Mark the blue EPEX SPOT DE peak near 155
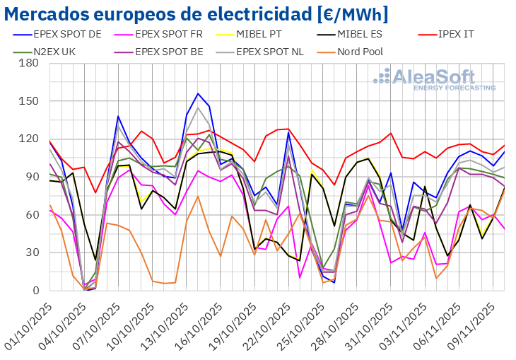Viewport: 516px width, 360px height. coord(199,93)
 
